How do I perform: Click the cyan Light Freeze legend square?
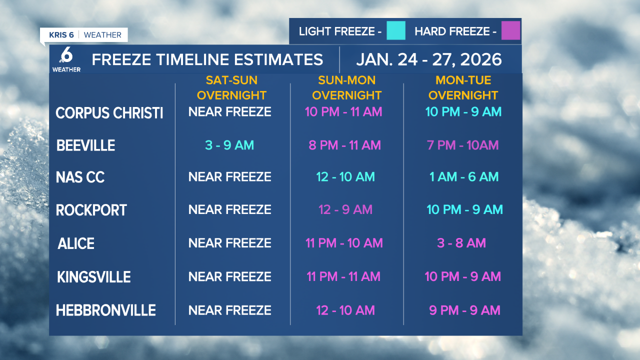pyautogui.click(x=395, y=31)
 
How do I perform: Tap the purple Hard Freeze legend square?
pyautogui.click(x=510, y=31)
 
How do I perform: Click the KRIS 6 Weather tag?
pyautogui.click(x=84, y=35)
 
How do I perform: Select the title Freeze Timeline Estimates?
pyautogui.click(x=207, y=59)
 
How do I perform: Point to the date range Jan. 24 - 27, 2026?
pyautogui.click(x=428, y=59)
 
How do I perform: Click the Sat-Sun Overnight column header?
pyautogui.click(x=231, y=87)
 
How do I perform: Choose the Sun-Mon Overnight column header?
pyautogui.click(x=346, y=87)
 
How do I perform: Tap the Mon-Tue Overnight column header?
pyautogui.click(x=463, y=87)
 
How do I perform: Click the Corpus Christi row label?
pyautogui.click(x=109, y=113)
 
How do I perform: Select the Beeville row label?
pyautogui.click(x=85, y=145)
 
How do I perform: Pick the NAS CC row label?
pyautogui.click(x=80, y=177)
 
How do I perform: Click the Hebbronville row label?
pyautogui.click(x=106, y=310)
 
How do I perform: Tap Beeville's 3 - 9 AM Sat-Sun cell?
pyautogui.click(x=229, y=145)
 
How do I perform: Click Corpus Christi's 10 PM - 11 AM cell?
pyautogui.click(x=343, y=111)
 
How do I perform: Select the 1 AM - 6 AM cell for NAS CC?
pyautogui.click(x=464, y=176)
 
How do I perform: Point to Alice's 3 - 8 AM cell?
pyautogui.click(x=461, y=243)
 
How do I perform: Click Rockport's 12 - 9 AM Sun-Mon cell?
pyautogui.click(x=345, y=209)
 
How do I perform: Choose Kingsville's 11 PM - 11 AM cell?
pyautogui.click(x=343, y=276)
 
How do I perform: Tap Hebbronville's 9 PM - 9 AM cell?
pyautogui.click(x=464, y=310)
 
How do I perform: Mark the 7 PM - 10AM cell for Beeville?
pyautogui.click(x=462, y=145)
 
